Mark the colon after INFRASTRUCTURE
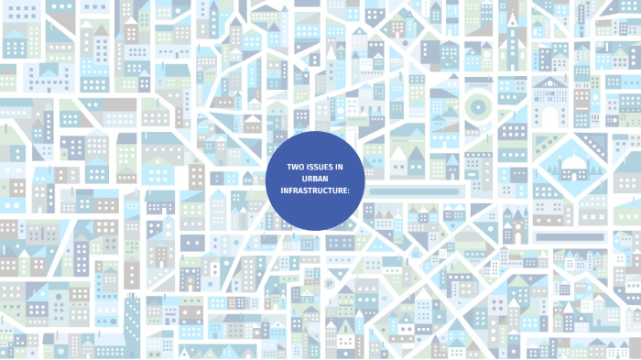[x=350, y=191]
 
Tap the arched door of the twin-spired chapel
[x=515, y=235]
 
